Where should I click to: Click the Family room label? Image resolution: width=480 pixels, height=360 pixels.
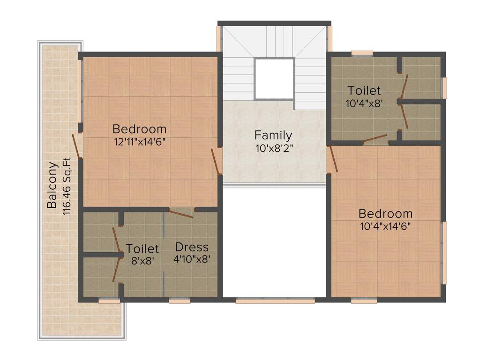tap(273, 135)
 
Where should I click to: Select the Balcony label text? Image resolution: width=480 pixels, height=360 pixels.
tap(52, 185)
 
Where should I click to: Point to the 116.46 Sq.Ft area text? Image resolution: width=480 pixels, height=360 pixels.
tap(66, 186)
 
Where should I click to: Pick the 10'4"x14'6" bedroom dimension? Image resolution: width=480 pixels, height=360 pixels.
tap(385, 225)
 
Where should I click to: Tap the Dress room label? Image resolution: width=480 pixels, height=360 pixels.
tap(191, 247)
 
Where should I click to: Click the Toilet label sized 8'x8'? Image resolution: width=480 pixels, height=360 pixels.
tap(142, 248)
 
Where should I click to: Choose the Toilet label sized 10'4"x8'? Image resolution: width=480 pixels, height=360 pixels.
tap(364, 90)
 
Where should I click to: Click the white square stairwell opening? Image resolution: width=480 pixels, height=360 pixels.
tap(274, 78)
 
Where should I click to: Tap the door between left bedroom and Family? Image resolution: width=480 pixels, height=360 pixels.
tap(217, 161)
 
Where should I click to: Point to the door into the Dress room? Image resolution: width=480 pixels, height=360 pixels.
tap(181, 213)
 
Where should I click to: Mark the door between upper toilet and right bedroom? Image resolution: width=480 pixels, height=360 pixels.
tap(375, 139)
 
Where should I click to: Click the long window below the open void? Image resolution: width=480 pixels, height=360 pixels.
tap(275, 300)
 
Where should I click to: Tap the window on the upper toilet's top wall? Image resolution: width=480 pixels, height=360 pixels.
tap(362, 53)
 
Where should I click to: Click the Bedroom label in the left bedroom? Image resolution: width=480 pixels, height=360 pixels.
tap(140, 128)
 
